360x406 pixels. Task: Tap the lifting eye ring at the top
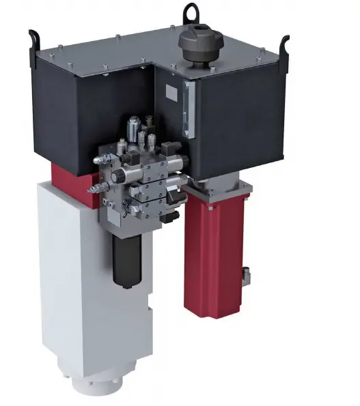[x=191, y=12]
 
